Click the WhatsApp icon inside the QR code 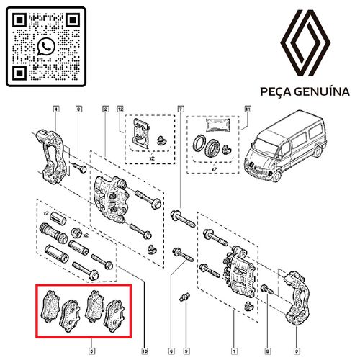[x=46, y=47]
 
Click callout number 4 [x=55, y=109]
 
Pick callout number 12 [x=121, y=109]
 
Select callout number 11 [x=248, y=109]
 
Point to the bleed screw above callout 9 [x=184, y=297]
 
